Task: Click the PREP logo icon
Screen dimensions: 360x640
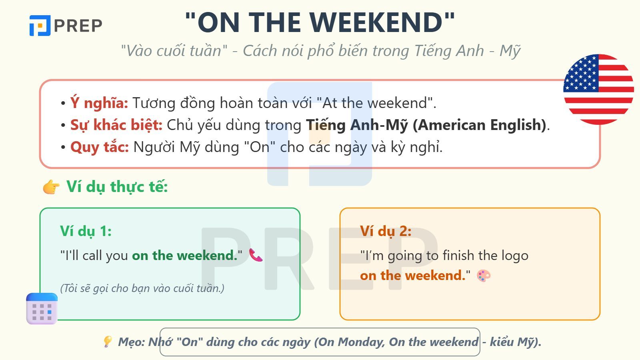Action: (x=40, y=26)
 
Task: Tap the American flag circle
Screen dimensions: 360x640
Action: (x=598, y=89)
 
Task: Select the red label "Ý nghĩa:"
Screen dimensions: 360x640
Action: (x=99, y=103)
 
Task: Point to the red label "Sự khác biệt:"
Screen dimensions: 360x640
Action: (x=116, y=125)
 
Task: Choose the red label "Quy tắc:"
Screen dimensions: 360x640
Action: (x=100, y=147)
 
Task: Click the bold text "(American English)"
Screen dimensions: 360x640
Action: (x=479, y=125)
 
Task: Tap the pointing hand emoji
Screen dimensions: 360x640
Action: (x=51, y=187)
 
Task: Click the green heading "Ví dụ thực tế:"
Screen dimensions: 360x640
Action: (x=117, y=187)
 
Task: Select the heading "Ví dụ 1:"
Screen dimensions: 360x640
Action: (x=86, y=231)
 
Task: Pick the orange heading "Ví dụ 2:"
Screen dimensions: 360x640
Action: (x=386, y=231)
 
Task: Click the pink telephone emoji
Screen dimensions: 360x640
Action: (x=256, y=255)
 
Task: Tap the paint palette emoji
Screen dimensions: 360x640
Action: (x=484, y=276)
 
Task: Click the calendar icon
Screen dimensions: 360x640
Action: (x=42, y=308)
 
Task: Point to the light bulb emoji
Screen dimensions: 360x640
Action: (x=107, y=342)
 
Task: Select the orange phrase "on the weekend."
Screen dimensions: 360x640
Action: (x=413, y=276)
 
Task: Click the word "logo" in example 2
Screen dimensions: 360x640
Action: (x=514, y=256)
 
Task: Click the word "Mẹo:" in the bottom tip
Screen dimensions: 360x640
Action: (x=131, y=342)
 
